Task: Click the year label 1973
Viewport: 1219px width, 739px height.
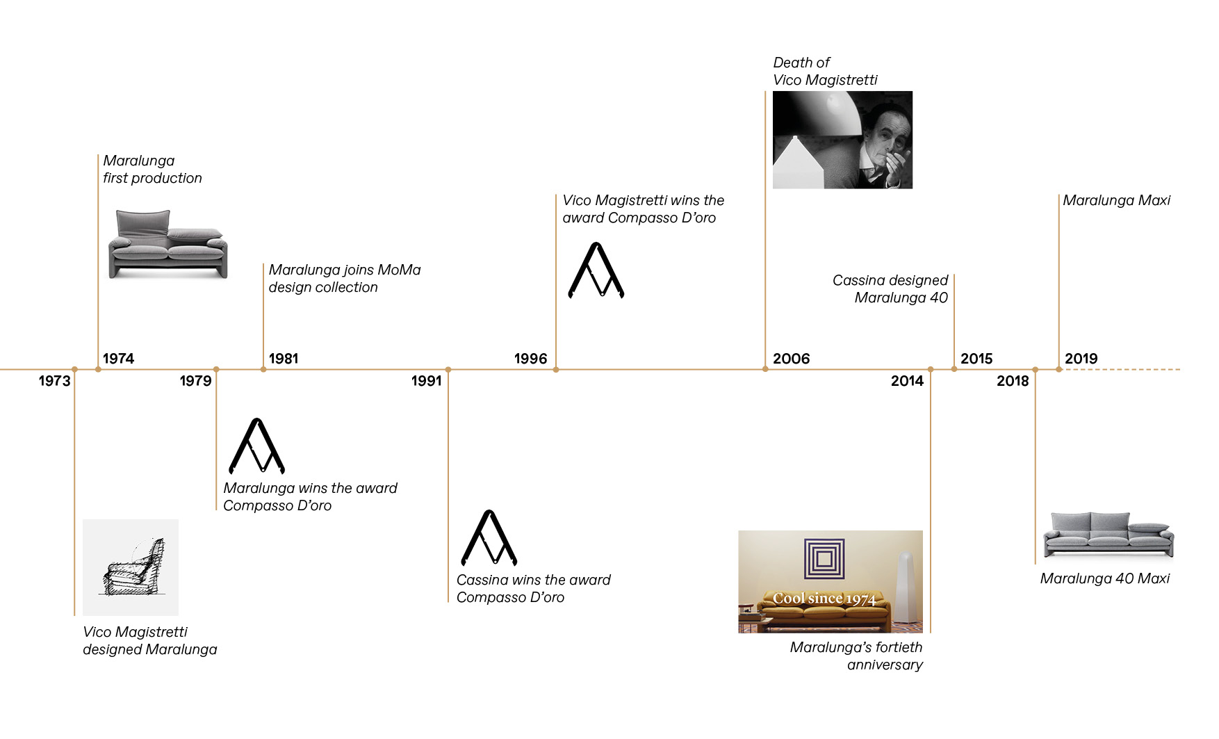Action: [54, 381]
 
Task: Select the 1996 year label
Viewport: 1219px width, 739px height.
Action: [530, 359]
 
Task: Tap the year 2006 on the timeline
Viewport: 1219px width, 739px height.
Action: [791, 359]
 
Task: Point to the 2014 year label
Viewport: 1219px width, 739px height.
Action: [907, 381]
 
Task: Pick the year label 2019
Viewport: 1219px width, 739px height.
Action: [1081, 359]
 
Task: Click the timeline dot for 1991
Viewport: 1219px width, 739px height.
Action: [448, 370]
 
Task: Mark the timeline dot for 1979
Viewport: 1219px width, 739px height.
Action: [216, 370]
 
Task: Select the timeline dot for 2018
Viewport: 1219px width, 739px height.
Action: [1035, 370]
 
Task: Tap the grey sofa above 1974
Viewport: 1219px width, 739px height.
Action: [168, 244]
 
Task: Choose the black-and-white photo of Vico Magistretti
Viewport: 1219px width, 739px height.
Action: [842, 140]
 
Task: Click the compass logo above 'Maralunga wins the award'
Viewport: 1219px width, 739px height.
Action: [256, 446]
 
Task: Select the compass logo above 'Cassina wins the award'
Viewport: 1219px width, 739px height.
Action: [489, 538]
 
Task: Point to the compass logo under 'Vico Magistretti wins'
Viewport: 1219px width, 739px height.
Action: [596, 270]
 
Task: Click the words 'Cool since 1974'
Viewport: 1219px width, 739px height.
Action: [824, 599]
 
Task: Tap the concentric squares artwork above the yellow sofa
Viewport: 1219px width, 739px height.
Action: [824, 559]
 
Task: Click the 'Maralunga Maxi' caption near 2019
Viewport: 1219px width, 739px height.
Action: [1116, 201]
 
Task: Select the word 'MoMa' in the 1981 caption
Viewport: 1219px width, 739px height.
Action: [399, 270]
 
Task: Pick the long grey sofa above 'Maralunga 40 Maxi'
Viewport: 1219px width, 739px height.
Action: [1108, 535]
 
